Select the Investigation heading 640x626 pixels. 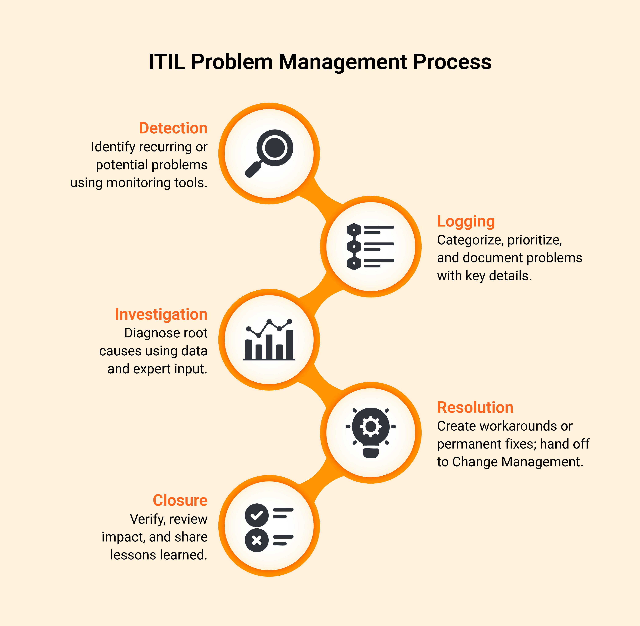click(x=161, y=314)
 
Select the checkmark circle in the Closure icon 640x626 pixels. click(x=257, y=515)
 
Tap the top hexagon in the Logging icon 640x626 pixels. click(x=354, y=230)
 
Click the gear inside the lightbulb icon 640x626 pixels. click(x=370, y=426)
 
